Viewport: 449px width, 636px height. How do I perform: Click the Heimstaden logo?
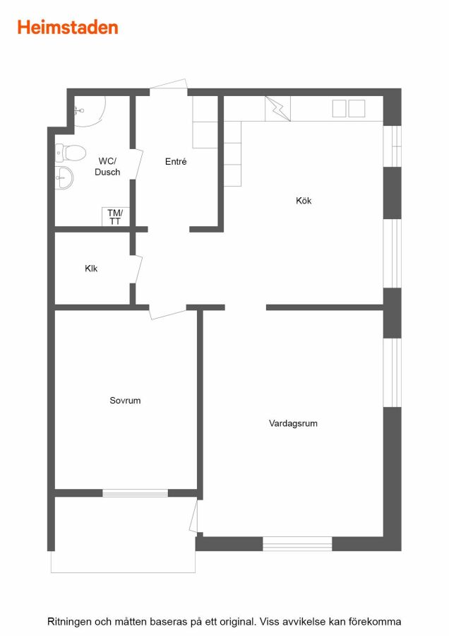pos(68,27)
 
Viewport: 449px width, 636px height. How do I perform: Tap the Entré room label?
pos(176,161)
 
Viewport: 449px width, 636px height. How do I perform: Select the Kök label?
pos(304,201)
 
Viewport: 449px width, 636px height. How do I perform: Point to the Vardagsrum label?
pos(293,423)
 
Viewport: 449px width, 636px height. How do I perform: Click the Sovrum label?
pos(125,401)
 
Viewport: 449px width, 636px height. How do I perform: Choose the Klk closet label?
pos(91,268)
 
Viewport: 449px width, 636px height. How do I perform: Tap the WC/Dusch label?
pos(107,166)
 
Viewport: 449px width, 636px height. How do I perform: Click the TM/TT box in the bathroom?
pos(115,217)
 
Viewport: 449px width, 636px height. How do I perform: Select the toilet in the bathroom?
pos(71,153)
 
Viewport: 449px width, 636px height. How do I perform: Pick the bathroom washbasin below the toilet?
pos(64,177)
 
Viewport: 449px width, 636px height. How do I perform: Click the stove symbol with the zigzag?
pos(277,108)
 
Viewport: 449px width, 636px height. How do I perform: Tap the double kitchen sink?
pos(349,108)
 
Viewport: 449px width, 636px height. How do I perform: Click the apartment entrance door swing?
pos(169,85)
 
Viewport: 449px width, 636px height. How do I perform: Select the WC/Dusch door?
pos(138,164)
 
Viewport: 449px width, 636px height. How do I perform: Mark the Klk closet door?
pos(138,269)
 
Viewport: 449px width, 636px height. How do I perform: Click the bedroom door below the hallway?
pos(168,312)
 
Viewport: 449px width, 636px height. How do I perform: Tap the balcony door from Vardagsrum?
pos(193,516)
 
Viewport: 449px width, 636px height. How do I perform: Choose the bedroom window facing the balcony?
pos(135,493)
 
